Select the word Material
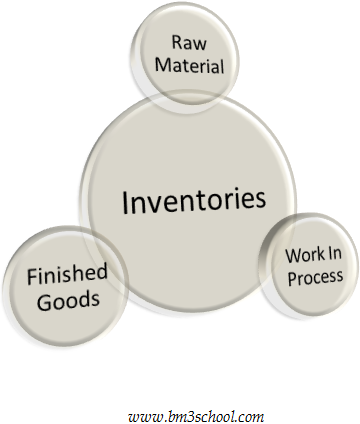(x=187, y=66)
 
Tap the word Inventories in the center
(x=194, y=201)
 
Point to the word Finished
(x=67, y=274)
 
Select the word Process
(x=315, y=276)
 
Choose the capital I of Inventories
(x=125, y=201)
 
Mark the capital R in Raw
(x=176, y=43)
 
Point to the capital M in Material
(x=160, y=66)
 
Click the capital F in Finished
(x=32, y=274)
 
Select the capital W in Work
(x=292, y=256)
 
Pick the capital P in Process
(x=292, y=276)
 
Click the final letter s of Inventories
(x=262, y=202)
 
